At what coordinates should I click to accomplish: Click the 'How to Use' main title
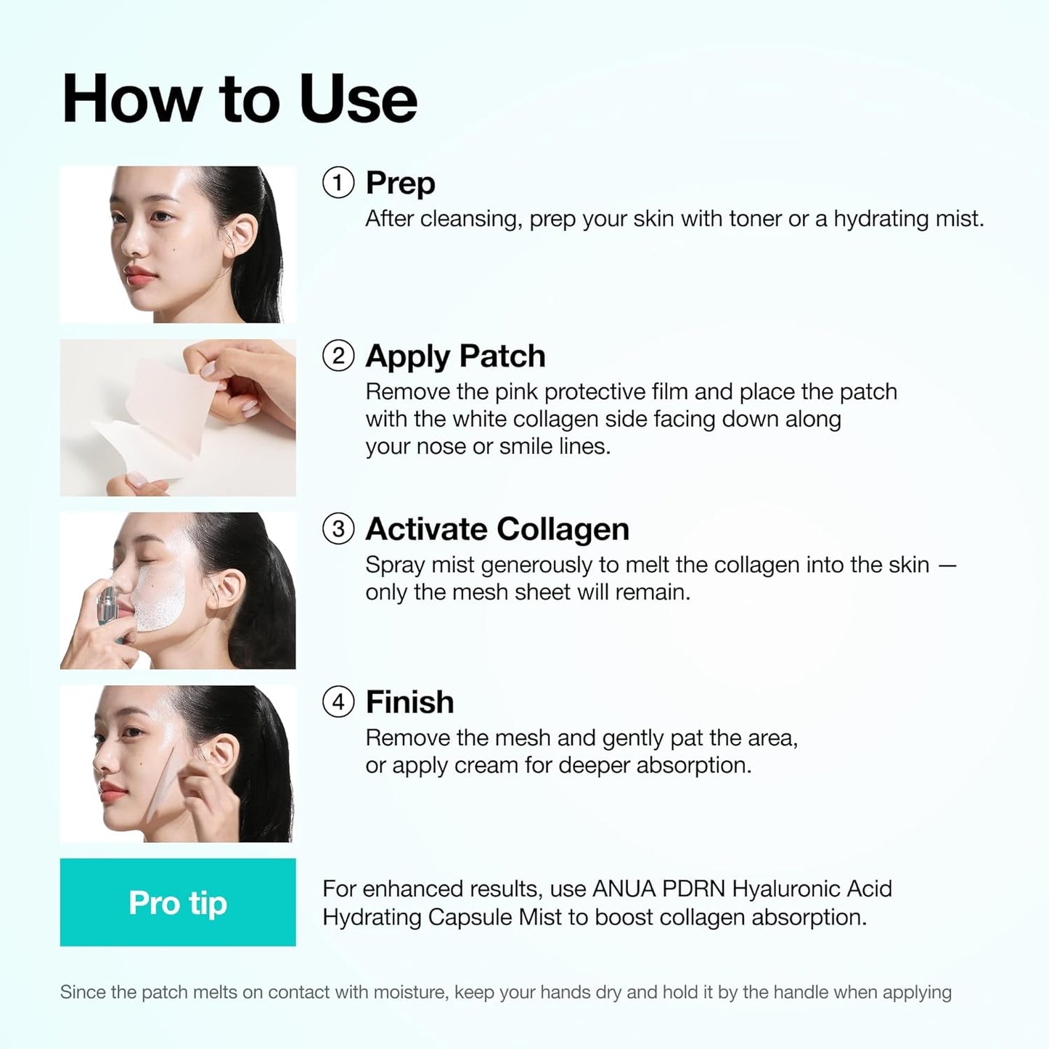click(x=240, y=99)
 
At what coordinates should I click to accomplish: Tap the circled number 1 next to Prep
click(x=338, y=183)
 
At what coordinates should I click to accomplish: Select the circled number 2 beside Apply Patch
click(x=338, y=356)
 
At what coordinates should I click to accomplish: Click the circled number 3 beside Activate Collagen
click(x=338, y=529)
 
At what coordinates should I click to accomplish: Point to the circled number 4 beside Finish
click(x=338, y=702)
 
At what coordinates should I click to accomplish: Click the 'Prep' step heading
click(x=400, y=183)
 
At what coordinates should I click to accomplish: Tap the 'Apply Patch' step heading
click(x=455, y=356)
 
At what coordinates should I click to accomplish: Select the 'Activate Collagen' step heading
click(x=497, y=529)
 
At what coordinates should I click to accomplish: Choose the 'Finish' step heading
click(x=409, y=702)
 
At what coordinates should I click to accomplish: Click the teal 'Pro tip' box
click(x=178, y=902)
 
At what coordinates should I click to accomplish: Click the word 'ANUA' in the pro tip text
click(x=624, y=889)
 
